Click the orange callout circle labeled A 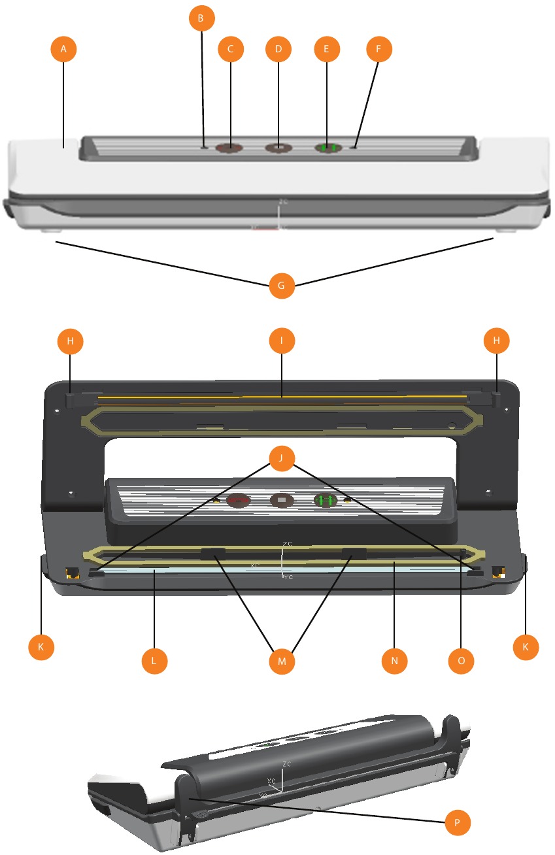(64, 49)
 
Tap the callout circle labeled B (201, 19)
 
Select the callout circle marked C (231, 49)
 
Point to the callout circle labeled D (278, 49)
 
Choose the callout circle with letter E (327, 49)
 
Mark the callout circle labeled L (155, 661)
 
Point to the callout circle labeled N (395, 661)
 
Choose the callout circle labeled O (461, 661)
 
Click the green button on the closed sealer (328, 148)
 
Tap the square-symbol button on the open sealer (282, 501)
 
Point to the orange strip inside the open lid (281, 396)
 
